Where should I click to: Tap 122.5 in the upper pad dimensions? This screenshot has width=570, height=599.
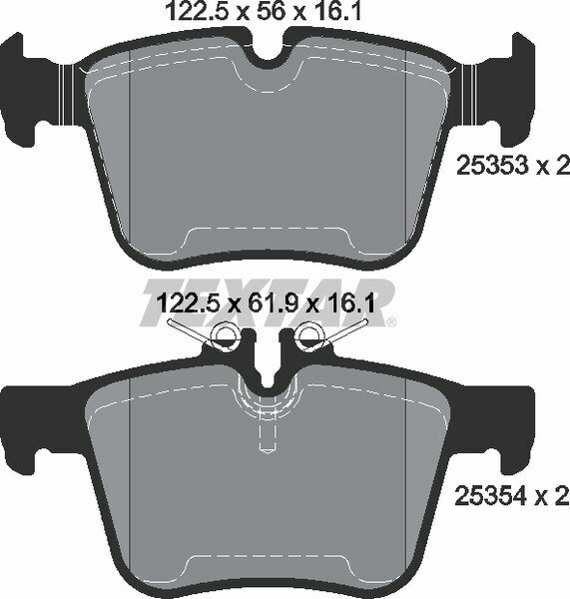[x=194, y=13]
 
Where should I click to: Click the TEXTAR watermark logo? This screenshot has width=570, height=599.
[x=270, y=299]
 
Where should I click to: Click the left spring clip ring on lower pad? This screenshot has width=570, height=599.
[x=227, y=336]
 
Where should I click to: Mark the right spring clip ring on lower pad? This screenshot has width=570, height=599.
[x=310, y=336]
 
